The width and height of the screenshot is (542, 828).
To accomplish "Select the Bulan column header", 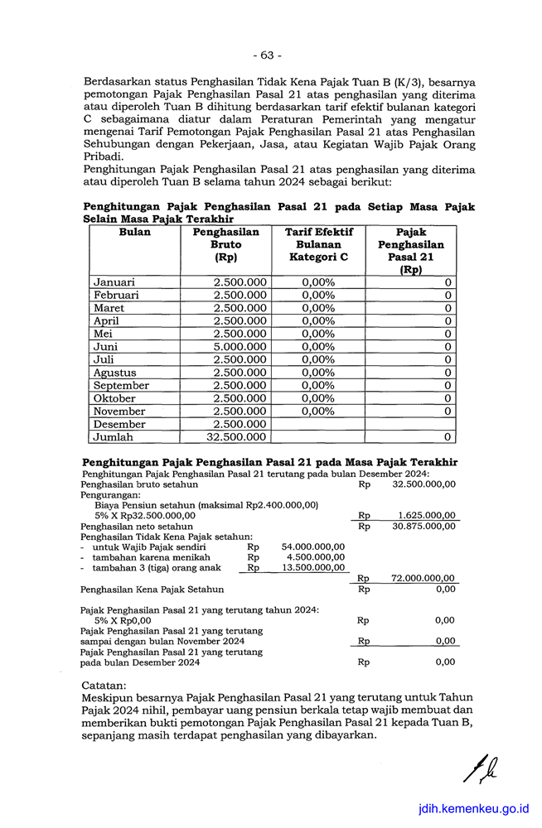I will [135, 233].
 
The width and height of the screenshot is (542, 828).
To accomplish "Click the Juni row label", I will [105, 347].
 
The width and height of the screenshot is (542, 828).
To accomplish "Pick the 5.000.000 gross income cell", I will [240, 347].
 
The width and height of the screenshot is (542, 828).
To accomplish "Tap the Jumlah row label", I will [113, 437].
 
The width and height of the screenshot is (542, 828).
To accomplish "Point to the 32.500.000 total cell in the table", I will [236, 437].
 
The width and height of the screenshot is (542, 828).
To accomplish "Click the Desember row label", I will [119, 424].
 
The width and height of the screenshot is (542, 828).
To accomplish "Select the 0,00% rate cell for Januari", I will [318, 282].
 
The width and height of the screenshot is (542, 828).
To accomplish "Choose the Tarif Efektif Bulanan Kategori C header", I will [319, 245].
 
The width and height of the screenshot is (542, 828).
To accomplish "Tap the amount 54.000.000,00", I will [313, 546].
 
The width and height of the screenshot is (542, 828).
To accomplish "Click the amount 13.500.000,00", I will [313, 568].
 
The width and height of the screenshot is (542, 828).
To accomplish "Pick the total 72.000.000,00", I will [423, 579].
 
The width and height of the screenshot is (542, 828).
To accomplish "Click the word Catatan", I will [104, 686].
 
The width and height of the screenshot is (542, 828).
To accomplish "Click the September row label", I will [121, 386].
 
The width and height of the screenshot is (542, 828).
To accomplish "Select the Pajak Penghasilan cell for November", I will [448, 412].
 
